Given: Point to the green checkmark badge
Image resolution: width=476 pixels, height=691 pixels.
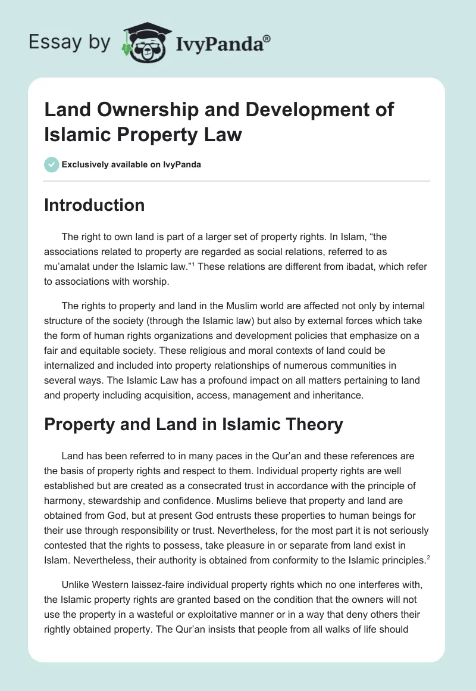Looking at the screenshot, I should click(x=52, y=164).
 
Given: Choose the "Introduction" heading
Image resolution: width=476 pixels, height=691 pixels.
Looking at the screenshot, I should click(x=95, y=205).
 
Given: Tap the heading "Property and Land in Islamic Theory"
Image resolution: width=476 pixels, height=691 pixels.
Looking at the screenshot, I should click(x=194, y=424).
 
